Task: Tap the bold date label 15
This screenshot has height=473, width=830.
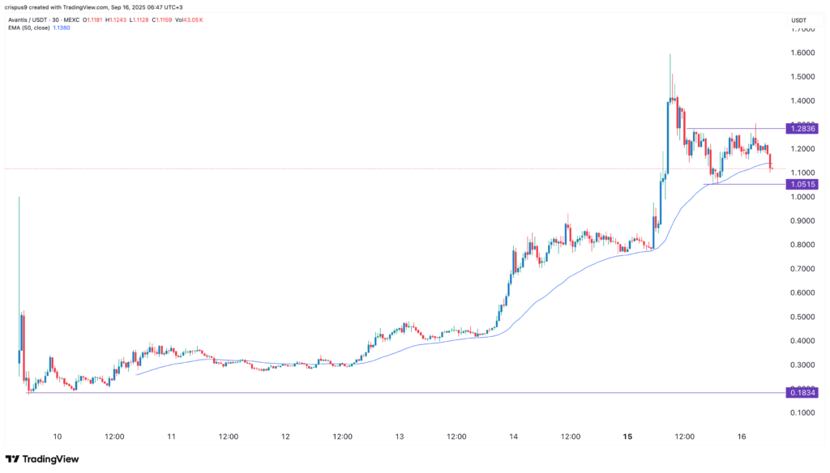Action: [x=628, y=437]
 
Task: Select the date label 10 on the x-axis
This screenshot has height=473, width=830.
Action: [x=57, y=437]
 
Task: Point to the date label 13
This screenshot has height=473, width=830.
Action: [x=400, y=437]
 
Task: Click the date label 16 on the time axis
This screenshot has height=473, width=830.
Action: [x=742, y=437]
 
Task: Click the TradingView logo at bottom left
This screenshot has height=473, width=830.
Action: [x=45, y=459]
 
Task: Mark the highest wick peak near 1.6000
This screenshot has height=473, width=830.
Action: [x=670, y=55]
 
